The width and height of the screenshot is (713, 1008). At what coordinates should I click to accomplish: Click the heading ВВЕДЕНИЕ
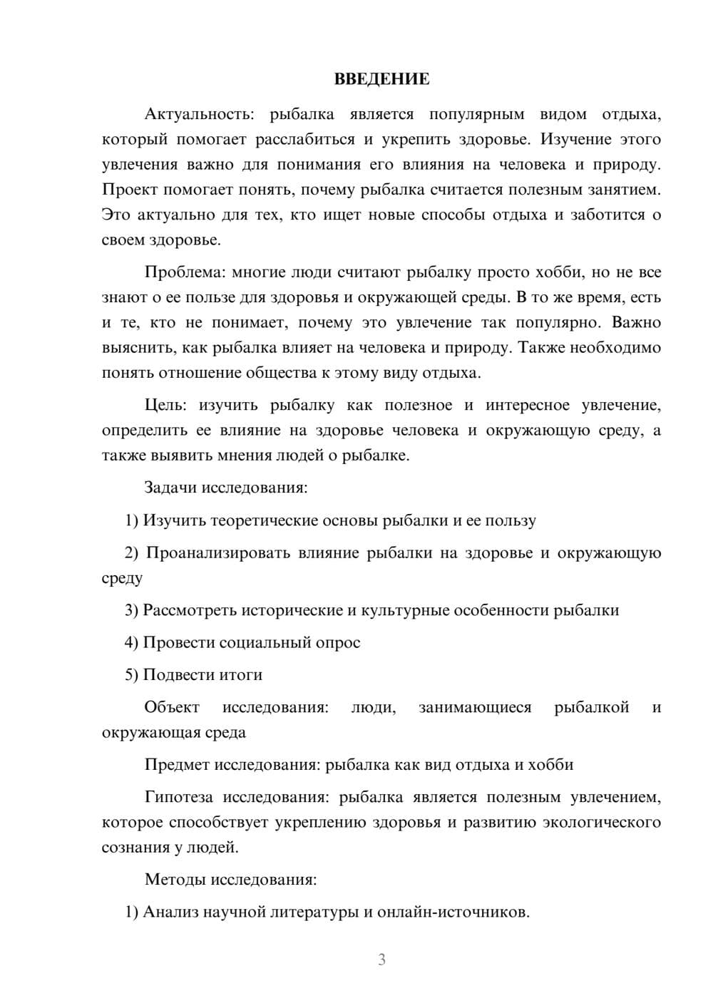(381, 79)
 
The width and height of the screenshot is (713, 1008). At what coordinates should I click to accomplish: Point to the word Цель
(165, 406)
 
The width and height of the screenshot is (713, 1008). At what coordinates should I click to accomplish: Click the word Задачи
(170, 488)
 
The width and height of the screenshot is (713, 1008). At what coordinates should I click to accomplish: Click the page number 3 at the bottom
(381, 960)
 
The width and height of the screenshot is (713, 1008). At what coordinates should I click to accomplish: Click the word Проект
(130, 190)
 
